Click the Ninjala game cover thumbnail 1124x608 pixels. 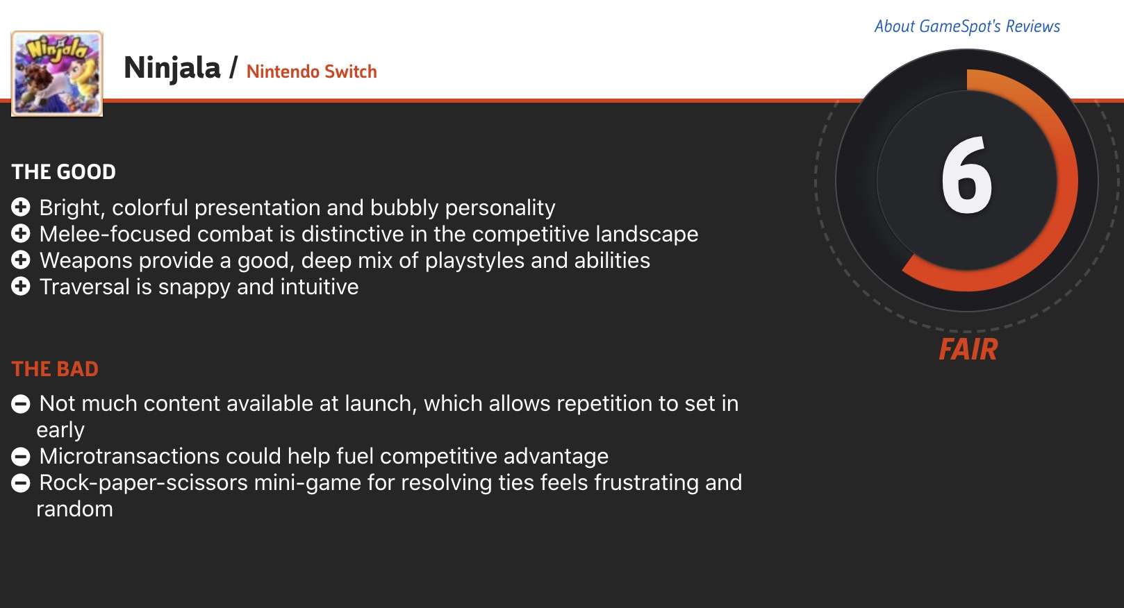57,74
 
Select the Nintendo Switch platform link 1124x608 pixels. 312,71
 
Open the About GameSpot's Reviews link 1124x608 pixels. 967,26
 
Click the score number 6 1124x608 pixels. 966,176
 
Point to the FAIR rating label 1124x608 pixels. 968,349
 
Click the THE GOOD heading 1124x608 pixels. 64,172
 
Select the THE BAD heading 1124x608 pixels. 55,369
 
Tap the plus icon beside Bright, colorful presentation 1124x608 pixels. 21,207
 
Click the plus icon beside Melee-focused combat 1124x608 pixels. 21,234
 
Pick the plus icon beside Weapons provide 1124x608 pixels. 21,260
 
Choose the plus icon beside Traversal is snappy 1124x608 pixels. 21,287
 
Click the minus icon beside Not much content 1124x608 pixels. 21,404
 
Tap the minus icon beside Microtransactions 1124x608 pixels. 21,457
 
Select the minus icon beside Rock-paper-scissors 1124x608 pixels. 21,483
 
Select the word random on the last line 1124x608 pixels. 75,509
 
